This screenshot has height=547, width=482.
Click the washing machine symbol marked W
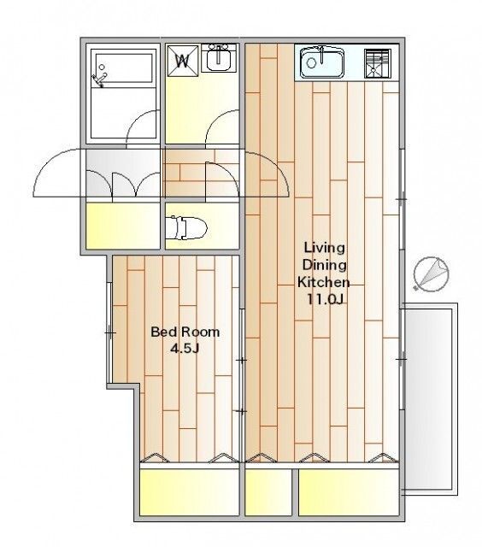[x=182, y=61]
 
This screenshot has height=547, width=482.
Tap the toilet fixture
[x=186, y=227]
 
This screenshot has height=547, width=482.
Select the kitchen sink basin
[x=322, y=63]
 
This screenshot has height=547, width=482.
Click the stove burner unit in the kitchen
[x=377, y=63]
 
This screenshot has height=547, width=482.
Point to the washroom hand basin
[x=219, y=58]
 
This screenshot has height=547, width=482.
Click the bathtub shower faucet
[x=98, y=78]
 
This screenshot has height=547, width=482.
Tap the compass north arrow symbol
[x=431, y=273]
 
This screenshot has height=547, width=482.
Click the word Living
[x=325, y=248]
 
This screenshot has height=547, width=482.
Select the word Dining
[x=325, y=265]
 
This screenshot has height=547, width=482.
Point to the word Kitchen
[x=324, y=282]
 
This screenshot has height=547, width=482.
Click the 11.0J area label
[x=326, y=299]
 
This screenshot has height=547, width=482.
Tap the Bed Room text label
[x=185, y=332]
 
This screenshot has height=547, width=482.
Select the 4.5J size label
[x=185, y=348]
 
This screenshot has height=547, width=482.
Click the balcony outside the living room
[x=431, y=399]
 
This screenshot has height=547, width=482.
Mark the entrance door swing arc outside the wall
[x=57, y=173]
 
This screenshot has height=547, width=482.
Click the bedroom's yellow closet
[x=190, y=492]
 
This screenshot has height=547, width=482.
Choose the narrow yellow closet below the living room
[x=268, y=492]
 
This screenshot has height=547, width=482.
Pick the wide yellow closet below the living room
[x=349, y=492]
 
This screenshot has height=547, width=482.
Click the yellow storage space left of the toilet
[x=123, y=226]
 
